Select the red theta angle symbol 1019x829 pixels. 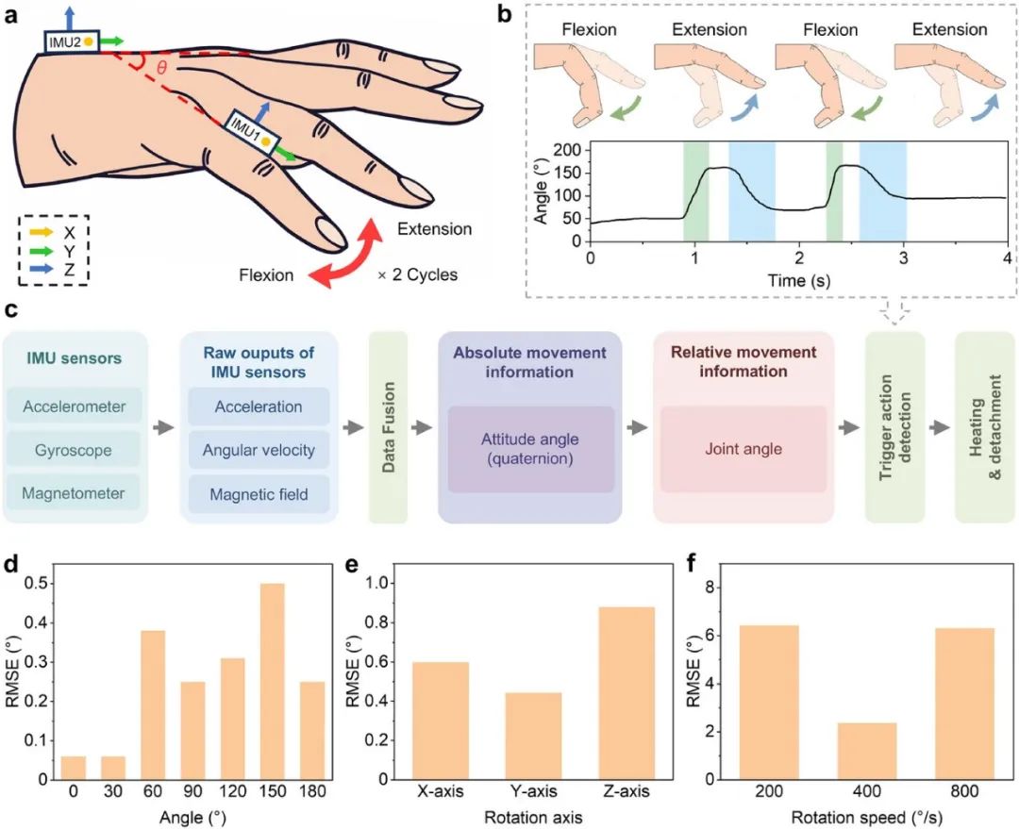(x=162, y=67)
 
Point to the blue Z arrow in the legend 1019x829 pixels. (x=42, y=269)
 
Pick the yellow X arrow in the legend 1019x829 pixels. (x=42, y=232)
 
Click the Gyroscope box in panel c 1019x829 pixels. (x=74, y=450)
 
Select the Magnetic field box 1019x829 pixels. (x=259, y=494)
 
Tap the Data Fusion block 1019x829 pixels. (x=389, y=427)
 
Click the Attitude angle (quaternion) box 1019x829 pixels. (x=530, y=449)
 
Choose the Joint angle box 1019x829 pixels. (x=743, y=449)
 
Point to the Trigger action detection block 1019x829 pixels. (x=894, y=427)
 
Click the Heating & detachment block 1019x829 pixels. (x=985, y=427)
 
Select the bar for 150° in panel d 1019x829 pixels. (x=273, y=682)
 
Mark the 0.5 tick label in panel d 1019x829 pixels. (x=36, y=584)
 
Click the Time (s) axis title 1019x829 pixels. (x=799, y=280)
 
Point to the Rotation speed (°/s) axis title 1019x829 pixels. (x=866, y=817)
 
